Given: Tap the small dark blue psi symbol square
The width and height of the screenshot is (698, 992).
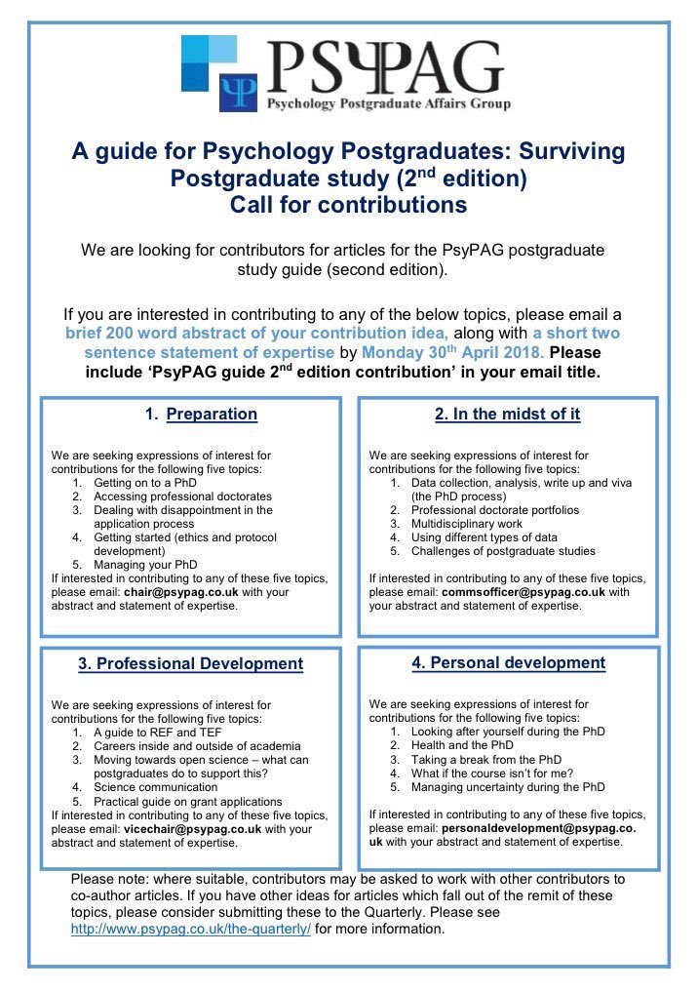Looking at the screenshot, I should (x=239, y=92).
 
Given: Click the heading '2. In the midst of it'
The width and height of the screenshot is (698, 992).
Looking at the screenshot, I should (x=507, y=414).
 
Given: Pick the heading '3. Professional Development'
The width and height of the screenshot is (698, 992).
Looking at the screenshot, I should (x=190, y=664).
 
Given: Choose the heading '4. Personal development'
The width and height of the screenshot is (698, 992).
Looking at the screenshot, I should (x=508, y=662).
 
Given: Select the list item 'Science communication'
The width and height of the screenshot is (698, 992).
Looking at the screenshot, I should (x=155, y=786).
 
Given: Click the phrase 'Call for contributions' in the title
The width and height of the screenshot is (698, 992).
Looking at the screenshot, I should (x=348, y=206).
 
